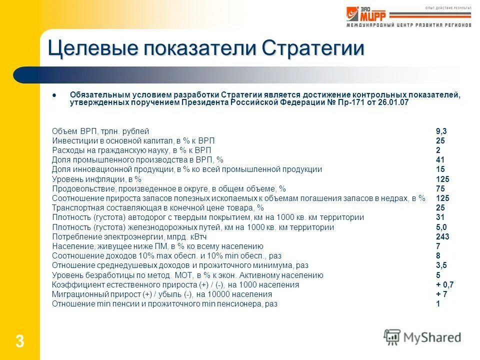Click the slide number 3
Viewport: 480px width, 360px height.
click(19, 342)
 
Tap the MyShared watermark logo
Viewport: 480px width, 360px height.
click(422, 337)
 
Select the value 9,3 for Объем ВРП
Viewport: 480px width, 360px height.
click(441, 131)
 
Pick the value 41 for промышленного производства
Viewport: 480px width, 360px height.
click(440, 160)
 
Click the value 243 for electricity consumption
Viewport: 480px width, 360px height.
click(442, 236)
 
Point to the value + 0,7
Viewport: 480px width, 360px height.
click(444, 284)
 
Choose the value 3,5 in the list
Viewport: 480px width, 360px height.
click(441, 265)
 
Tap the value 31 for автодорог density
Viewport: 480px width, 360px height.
click(440, 217)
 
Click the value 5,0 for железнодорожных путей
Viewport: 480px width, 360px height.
click(441, 227)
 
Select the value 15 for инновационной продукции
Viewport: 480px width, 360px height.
click(440, 169)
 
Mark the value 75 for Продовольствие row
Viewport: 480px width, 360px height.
click(440, 188)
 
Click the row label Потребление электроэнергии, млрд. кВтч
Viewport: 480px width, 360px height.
click(127, 236)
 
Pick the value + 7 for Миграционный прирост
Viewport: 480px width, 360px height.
click(441, 294)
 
